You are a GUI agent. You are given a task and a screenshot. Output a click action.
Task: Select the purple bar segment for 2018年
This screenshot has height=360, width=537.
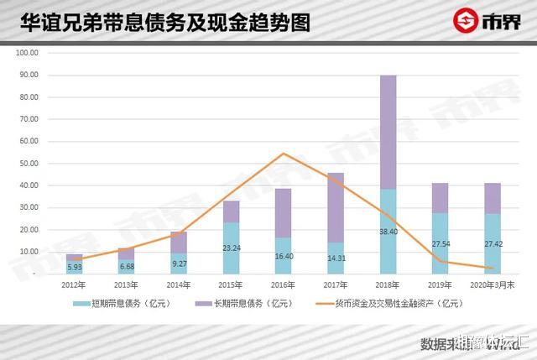388,132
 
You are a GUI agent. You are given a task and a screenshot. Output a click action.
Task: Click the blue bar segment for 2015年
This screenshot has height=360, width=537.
232,248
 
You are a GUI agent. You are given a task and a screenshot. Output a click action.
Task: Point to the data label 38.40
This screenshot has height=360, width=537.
388,231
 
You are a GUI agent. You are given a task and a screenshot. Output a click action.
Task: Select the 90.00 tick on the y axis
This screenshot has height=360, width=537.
28,75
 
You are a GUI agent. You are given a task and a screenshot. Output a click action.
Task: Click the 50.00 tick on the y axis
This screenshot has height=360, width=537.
28,163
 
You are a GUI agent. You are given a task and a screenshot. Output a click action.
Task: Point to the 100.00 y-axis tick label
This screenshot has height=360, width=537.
26,52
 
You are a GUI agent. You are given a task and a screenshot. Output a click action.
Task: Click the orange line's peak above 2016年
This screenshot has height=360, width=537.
284,154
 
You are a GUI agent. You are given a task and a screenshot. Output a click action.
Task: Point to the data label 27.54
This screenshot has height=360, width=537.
441,244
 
